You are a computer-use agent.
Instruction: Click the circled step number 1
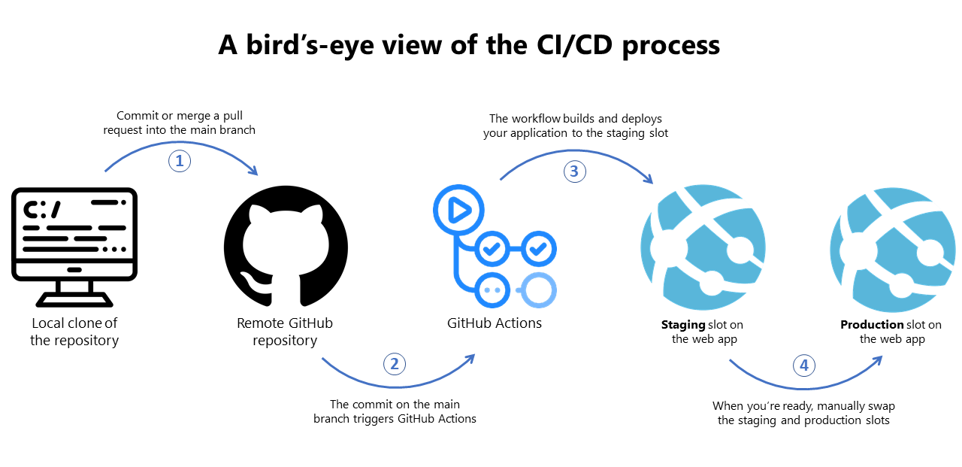(x=179, y=161)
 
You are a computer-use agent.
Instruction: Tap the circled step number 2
(x=395, y=364)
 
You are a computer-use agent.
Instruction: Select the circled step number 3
(x=574, y=171)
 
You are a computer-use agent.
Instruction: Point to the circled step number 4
(x=804, y=366)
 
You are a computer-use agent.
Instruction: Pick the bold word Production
(x=872, y=325)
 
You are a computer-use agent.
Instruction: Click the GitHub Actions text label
(x=494, y=323)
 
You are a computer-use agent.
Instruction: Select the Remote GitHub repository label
(x=285, y=332)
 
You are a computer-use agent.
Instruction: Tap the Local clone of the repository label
(x=74, y=332)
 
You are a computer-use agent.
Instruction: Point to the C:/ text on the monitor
(x=41, y=211)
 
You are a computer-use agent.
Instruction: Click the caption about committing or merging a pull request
(x=186, y=123)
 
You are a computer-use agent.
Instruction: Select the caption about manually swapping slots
(x=803, y=413)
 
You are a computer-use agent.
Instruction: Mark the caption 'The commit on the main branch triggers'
(x=395, y=411)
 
